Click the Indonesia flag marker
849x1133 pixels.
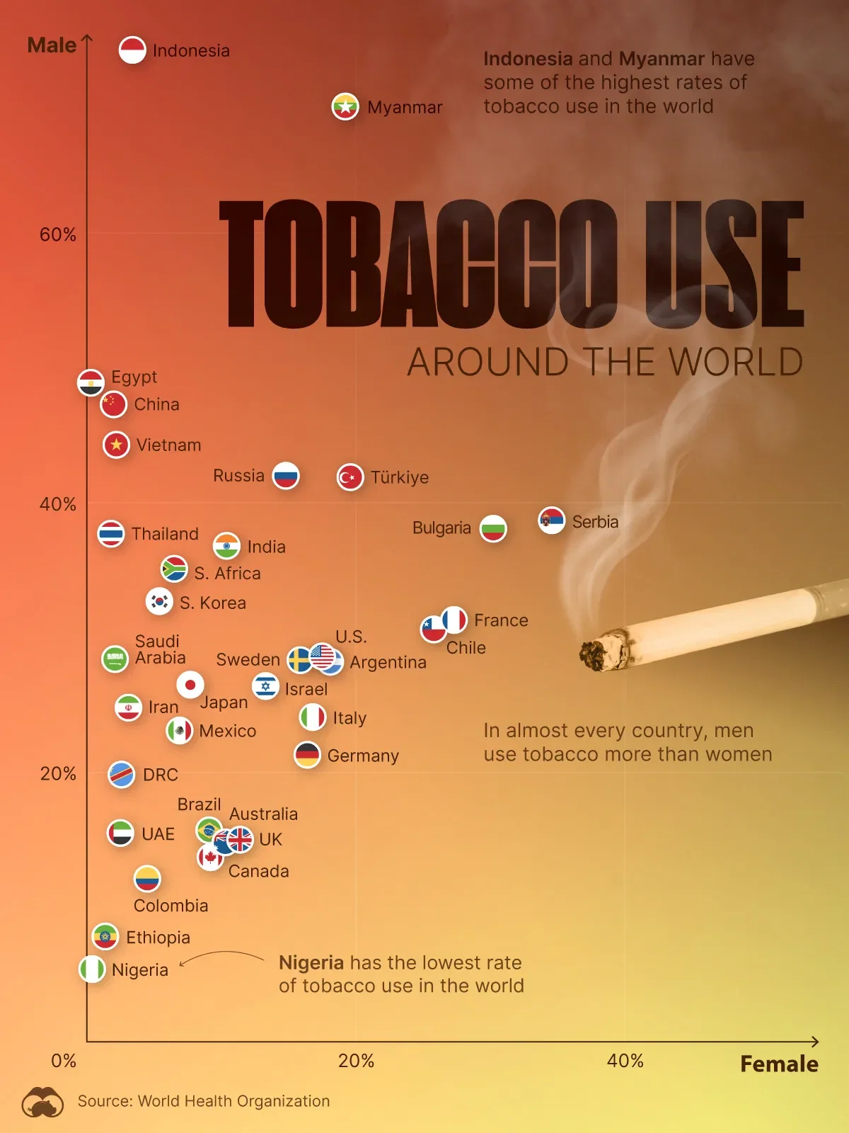click(132, 50)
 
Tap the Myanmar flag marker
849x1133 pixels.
click(345, 106)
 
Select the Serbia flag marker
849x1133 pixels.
click(551, 520)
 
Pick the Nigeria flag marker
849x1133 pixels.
click(92, 969)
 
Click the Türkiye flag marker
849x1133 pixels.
click(350, 477)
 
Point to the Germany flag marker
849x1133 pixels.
click(307, 755)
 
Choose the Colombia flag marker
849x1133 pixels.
click(147, 879)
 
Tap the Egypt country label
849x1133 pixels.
click(134, 377)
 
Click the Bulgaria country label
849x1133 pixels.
click(441, 528)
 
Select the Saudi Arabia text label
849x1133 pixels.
click(160, 649)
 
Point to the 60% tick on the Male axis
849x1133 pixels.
click(57, 235)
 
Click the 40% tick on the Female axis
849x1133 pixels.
click(625, 1061)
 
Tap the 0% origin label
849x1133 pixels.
click(64, 1061)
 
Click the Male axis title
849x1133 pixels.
click(52, 45)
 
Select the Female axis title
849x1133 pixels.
click(779, 1064)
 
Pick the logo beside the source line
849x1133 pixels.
click(42, 1102)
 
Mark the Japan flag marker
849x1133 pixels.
click(190, 685)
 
